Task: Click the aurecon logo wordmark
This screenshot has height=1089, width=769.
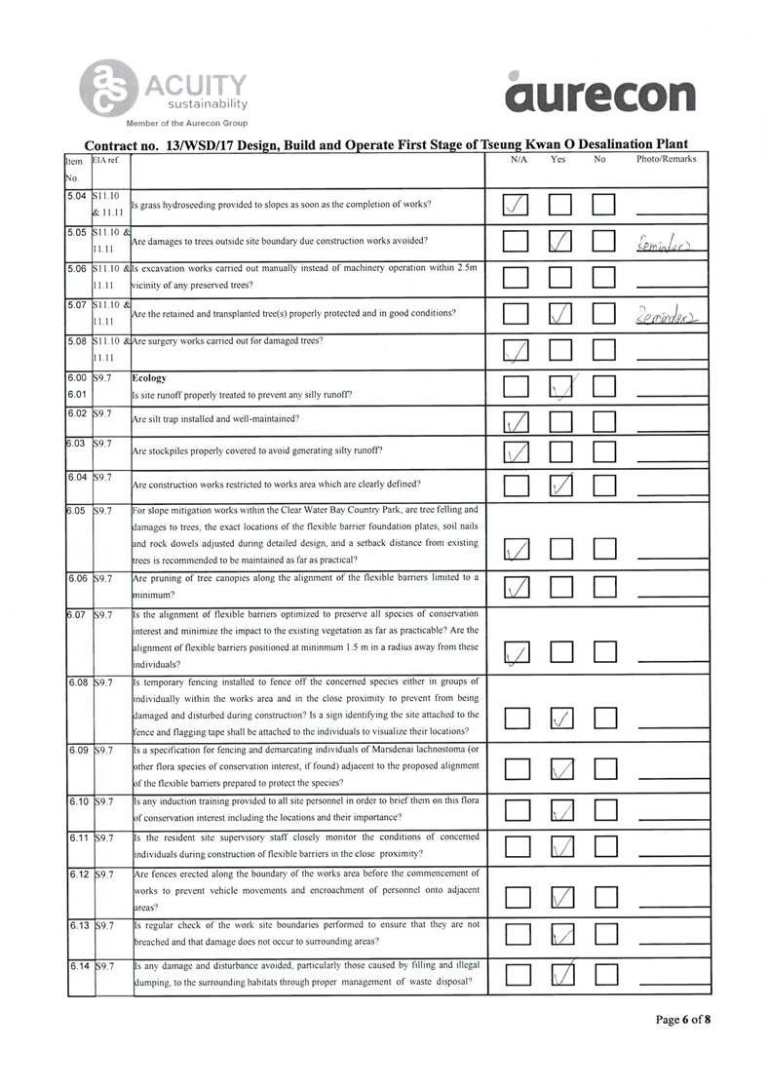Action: pyautogui.click(x=601, y=94)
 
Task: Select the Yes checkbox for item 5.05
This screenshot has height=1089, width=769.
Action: pyautogui.click(x=560, y=241)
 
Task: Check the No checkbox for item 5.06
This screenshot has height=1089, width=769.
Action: pyautogui.click(x=604, y=279)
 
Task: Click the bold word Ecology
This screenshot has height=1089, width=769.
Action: pyautogui.click(x=149, y=377)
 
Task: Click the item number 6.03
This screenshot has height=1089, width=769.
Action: pyautogui.click(x=77, y=445)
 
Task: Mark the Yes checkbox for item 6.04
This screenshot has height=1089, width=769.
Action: pyautogui.click(x=560, y=486)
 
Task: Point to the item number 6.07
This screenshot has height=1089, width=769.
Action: pyautogui.click(x=77, y=615)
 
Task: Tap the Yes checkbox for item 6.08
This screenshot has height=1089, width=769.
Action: pyautogui.click(x=560, y=720)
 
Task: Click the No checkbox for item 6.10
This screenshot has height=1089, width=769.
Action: pyautogui.click(x=604, y=810)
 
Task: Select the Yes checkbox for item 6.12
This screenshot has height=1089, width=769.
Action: pyautogui.click(x=560, y=897)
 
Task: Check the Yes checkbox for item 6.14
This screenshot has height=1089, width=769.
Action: pyautogui.click(x=560, y=974)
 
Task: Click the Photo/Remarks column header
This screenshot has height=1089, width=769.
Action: pyautogui.click(x=666, y=158)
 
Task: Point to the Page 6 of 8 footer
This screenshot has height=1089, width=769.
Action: pyautogui.click(x=682, y=1020)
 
